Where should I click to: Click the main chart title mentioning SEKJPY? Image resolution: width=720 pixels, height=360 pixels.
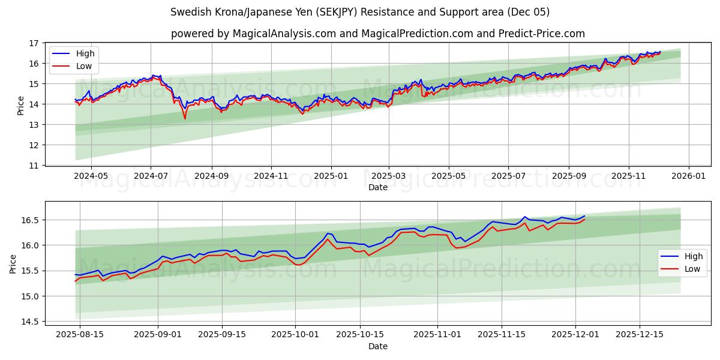[360, 12]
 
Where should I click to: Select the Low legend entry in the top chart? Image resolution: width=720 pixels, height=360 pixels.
[84, 66]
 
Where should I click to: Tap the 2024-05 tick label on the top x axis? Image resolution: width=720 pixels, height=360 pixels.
[91, 177]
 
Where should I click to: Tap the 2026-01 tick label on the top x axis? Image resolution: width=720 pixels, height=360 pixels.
[688, 177]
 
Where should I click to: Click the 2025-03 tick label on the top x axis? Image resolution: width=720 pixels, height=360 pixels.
[389, 177]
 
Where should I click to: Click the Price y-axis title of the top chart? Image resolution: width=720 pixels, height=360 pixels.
[21, 105]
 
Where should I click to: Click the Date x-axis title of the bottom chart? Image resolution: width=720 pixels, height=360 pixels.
[378, 346]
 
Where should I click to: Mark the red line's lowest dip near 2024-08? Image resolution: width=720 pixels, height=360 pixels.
[185, 119]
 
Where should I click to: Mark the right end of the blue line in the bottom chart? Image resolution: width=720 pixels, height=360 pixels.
[584, 216]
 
